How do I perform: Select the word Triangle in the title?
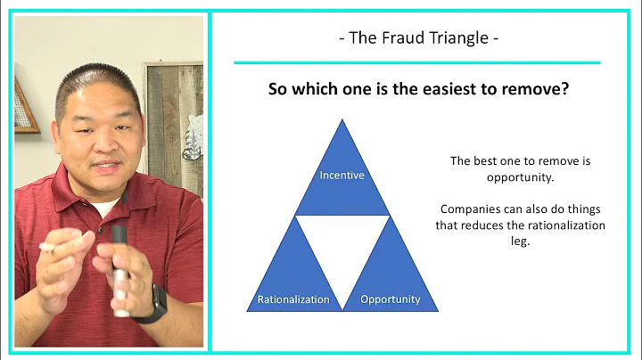[x=454, y=39]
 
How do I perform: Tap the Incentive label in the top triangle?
[x=342, y=175]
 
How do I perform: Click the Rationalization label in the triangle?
[x=294, y=299]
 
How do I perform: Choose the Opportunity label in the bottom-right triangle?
[x=391, y=299]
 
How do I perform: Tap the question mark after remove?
[x=565, y=90]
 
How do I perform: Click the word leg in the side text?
[x=521, y=241]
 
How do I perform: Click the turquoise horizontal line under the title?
[x=416, y=63]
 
